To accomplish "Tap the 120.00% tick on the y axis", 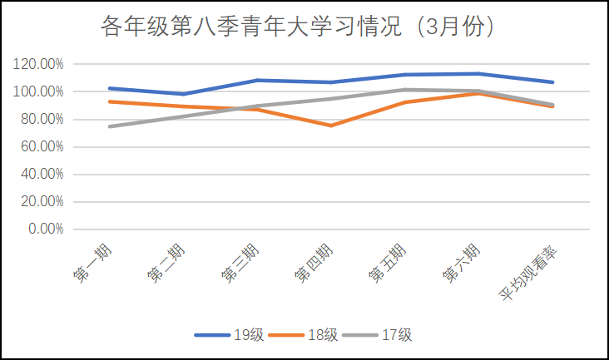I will [38, 64].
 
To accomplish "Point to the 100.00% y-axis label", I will [38, 91].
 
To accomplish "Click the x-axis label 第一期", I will [92, 261].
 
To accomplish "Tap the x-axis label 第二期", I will [166, 261].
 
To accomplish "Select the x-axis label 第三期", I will [240, 261].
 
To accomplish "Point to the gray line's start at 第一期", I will [111, 126].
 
